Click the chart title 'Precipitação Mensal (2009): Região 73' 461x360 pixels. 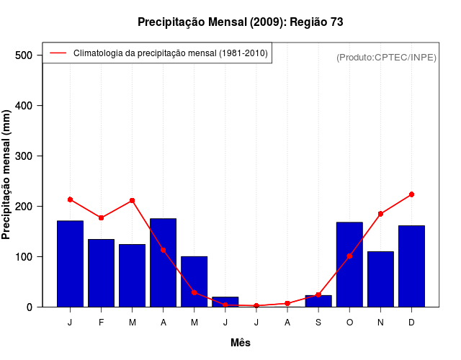click(240, 22)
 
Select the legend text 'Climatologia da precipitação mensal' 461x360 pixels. click(171, 53)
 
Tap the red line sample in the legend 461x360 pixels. click(58, 53)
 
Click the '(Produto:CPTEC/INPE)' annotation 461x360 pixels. click(386, 57)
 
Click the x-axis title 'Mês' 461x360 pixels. click(241, 343)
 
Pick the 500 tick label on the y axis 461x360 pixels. click(24, 55)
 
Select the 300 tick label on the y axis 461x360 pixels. click(24, 156)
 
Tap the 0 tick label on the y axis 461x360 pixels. click(30, 307)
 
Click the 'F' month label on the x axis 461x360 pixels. click(102, 323)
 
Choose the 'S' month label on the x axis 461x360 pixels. click(318, 323)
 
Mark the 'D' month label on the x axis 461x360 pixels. click(411, 323)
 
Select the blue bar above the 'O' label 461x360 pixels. click(349, 264)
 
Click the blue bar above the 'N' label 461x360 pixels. click(380, 279)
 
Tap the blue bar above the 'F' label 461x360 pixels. click(102, 273)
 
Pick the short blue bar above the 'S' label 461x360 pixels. click(318, 301)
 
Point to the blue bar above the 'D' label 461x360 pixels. click(411, 266)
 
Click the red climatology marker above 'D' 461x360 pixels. click(411, 194)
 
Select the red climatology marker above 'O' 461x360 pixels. click(349, 256)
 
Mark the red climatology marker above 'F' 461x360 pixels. click(102, 217)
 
